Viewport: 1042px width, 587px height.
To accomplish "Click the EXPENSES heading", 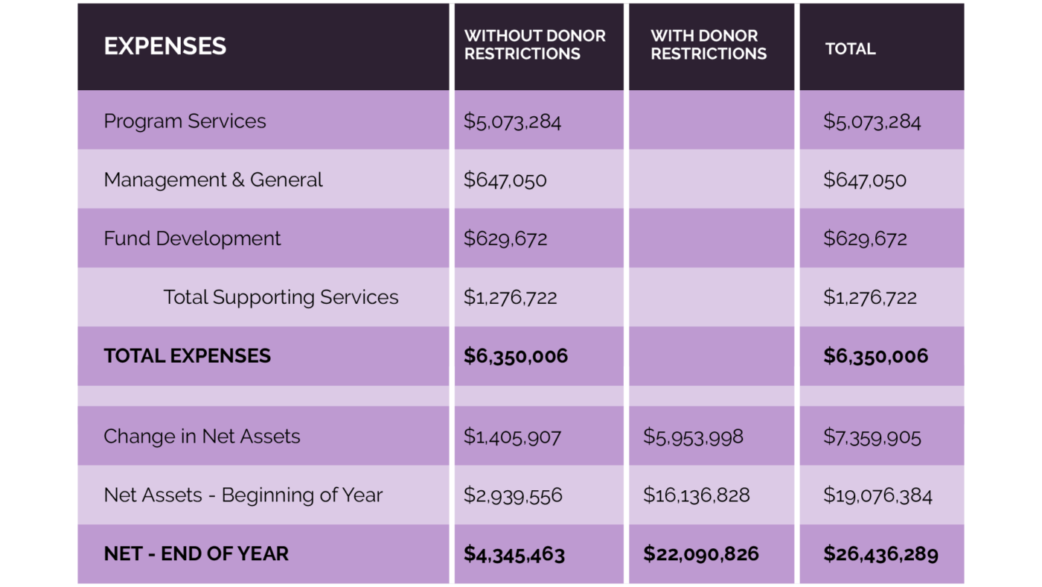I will pos(164,46).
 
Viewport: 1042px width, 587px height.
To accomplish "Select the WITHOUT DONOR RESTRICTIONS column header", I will pos(534,45).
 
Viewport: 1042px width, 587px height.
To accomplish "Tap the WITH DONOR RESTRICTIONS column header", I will pos(708,45).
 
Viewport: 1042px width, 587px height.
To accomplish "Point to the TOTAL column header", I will pos(850,49).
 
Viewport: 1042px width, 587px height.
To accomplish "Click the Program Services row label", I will pos(185,121).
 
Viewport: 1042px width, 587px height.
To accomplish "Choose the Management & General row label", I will pos(213,180).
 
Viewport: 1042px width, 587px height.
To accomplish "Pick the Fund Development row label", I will pos(192,239).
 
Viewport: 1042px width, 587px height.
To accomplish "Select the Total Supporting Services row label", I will pos(281,297).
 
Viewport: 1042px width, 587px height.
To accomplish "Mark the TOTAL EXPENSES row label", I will pos(187,356).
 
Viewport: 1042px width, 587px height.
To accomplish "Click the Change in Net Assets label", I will pos(202,437).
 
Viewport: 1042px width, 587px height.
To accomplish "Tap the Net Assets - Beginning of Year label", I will pos(243,495).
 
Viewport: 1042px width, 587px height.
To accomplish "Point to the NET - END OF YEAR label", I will pos(196,554).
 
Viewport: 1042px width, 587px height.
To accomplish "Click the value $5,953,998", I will pos(693,437).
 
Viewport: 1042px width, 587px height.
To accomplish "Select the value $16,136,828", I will pos(696,495).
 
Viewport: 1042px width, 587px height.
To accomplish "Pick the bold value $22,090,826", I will pos(700,554).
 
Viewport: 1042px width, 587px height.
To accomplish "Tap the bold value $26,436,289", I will pos(880,554).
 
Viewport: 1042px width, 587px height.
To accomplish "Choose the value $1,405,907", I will pos(512,437).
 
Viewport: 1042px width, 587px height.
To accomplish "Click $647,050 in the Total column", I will pos(864,180).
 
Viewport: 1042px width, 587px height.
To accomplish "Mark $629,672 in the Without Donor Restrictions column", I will pos(505,239).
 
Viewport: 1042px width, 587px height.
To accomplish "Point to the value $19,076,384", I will pos(877,495).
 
